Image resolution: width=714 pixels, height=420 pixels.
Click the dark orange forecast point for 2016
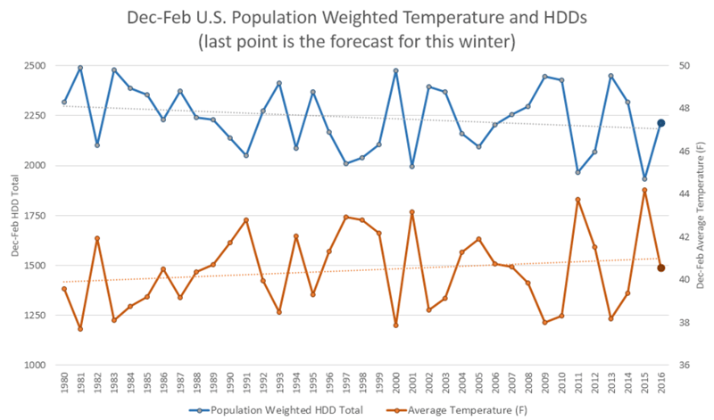[661, 268]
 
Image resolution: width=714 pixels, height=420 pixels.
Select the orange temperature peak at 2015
[644, 190]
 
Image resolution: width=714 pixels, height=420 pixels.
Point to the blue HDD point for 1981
[80, 68]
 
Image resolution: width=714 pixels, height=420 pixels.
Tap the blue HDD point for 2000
[395, 70]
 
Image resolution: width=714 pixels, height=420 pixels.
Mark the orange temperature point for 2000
[395, 325]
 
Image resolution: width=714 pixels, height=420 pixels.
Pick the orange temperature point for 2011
[577, 200]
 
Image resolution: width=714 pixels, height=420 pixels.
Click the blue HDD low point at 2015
[644, 179]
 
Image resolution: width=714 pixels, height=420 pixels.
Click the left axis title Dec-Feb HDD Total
[14, 216]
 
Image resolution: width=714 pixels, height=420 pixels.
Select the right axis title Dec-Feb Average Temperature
[702, 216]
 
